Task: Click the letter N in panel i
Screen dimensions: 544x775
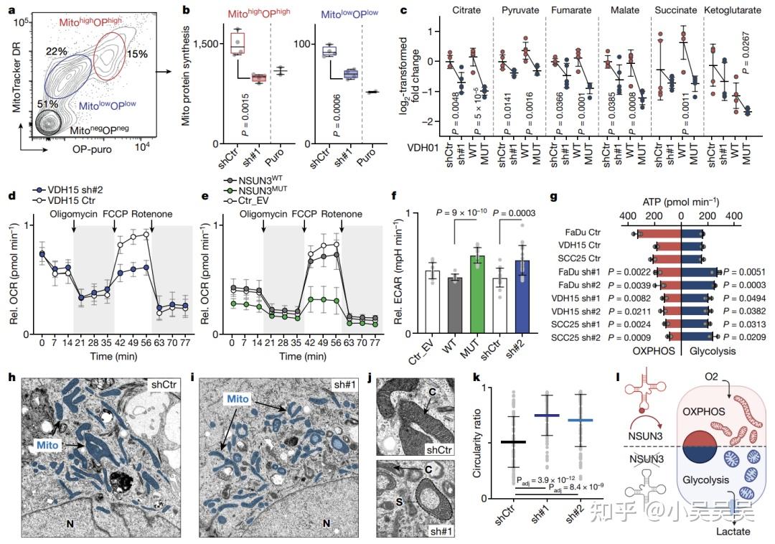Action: (326, 524)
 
